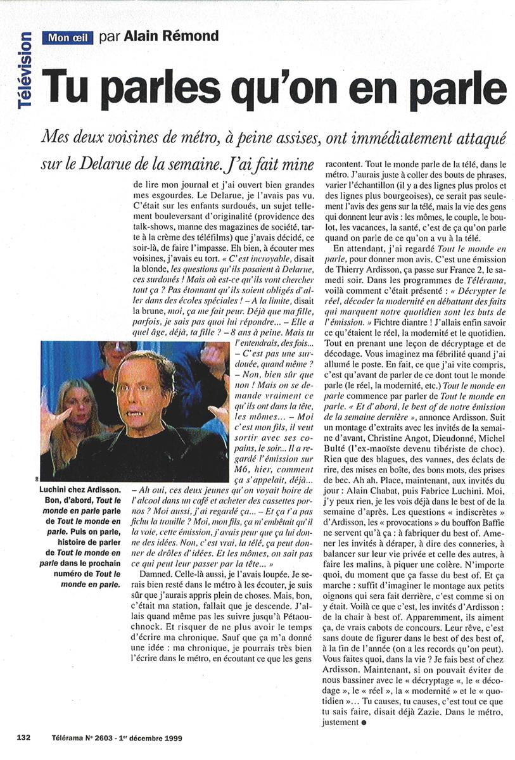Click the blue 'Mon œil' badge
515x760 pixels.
pos(69,37)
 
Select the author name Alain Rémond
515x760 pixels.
pos(159,36)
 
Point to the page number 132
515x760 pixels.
pos(25,737)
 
